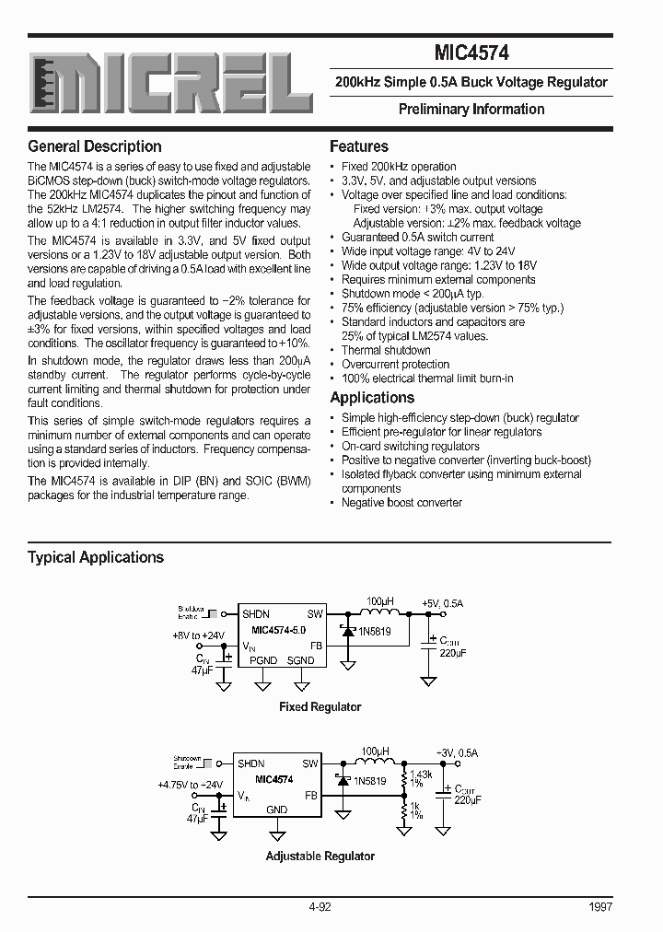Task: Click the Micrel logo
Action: coord(169,87)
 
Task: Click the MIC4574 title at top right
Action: coord(471,53)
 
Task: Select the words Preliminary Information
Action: coord(471,109)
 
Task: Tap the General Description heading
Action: coord(94,146)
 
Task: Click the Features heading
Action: coord(359,146)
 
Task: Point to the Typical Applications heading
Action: coord(95,557)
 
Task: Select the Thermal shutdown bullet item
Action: coord(386,350)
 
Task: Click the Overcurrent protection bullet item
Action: coord(395,365)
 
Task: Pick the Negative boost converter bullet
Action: coord(401,503)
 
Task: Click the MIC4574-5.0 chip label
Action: coord(279,630)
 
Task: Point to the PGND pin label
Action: coord(263,660)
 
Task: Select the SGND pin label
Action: coord(300,660)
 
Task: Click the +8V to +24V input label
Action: coord(198,635)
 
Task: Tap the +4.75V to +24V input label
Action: coord(190,785)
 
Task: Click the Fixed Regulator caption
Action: coord(320,707)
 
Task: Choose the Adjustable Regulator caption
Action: coord(320,856)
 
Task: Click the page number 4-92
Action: coord(320,907)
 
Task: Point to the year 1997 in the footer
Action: coord(599,907)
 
